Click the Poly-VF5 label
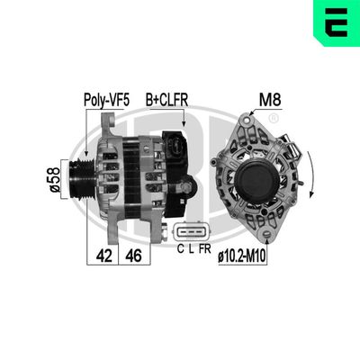[106, 100]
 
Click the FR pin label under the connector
[205, 249]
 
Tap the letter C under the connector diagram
[180, 249]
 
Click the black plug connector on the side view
[176, 148]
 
